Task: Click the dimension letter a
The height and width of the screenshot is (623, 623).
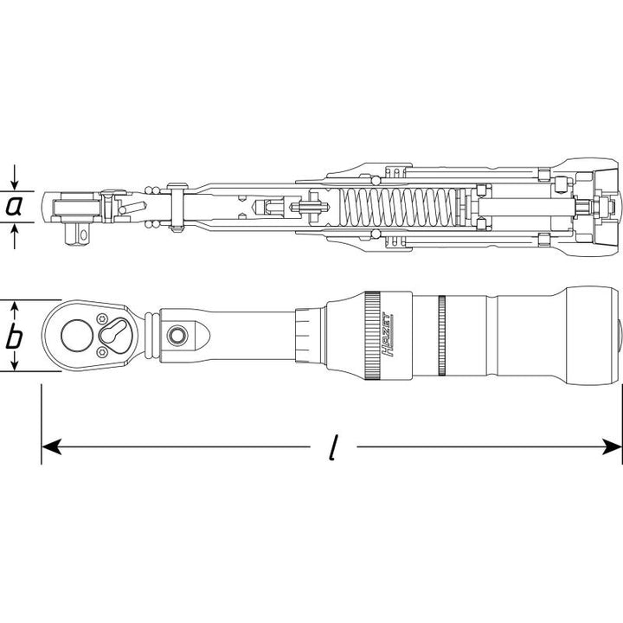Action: tap(15, 208)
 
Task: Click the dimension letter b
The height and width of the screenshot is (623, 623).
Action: tap(15, 337)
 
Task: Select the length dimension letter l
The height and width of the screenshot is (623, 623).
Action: tap(332, 448)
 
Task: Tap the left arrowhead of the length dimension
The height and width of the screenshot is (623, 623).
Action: tap(52, 446)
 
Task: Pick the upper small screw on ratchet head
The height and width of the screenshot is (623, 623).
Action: tap(103, 315)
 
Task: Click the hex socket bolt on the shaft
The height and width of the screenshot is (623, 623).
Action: tap(178, 334)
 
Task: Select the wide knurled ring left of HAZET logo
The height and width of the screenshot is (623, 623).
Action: tap(371, 336)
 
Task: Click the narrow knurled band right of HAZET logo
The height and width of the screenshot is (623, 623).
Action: tap(442, 336)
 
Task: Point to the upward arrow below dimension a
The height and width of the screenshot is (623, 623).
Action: tap(15, 232)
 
